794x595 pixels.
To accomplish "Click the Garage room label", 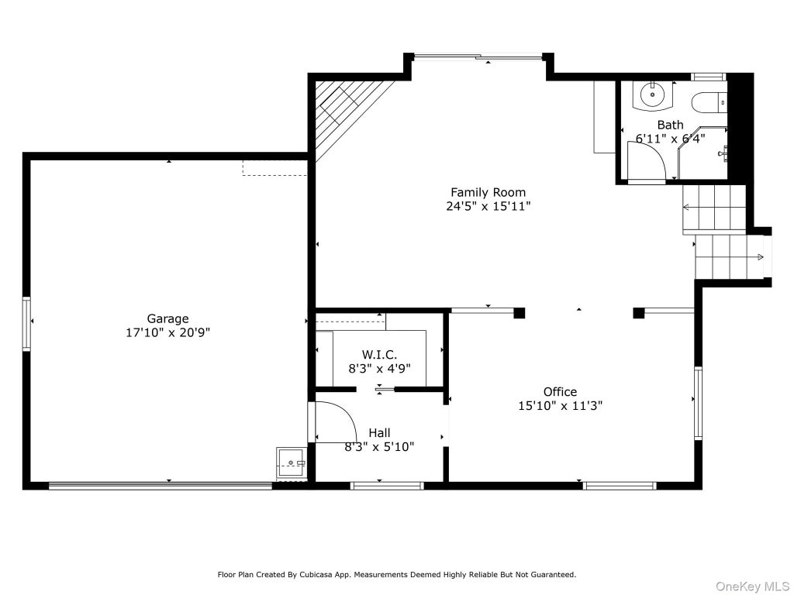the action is (x=167, y=318).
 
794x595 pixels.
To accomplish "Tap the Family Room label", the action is (x=488, y=192).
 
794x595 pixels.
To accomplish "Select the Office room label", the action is (x=560, y=391).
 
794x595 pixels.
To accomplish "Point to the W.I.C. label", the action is (x=379, y=355).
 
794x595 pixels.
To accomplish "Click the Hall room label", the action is (x=379, y=432).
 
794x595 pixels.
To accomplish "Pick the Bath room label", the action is (x=671, y=125).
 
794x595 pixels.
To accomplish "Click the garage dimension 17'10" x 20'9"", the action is (x=167, y=332).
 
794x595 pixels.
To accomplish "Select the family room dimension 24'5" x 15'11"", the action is (x=488, y=206).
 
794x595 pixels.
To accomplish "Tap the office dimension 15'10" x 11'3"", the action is (x=560, y=405).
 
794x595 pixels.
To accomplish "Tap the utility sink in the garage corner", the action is (x=292, y=463).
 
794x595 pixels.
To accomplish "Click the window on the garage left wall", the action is (x=26, y=324).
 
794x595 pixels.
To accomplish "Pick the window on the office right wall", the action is (x=699, y=403).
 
